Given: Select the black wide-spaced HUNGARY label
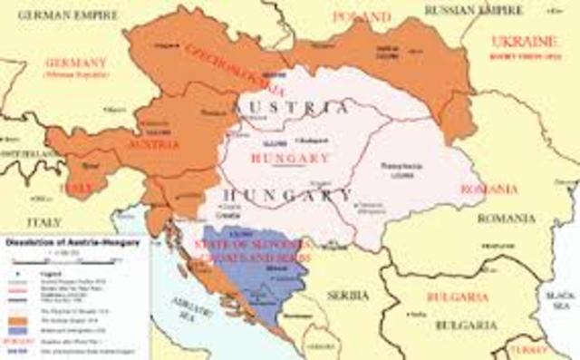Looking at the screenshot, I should point(288,197).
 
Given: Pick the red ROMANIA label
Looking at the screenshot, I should point(488,189).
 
